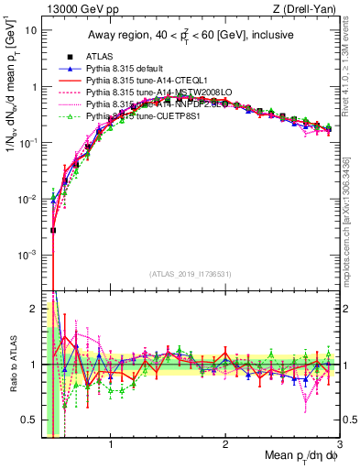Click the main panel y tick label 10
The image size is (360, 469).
pyautogui.click(x=30, y=30)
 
